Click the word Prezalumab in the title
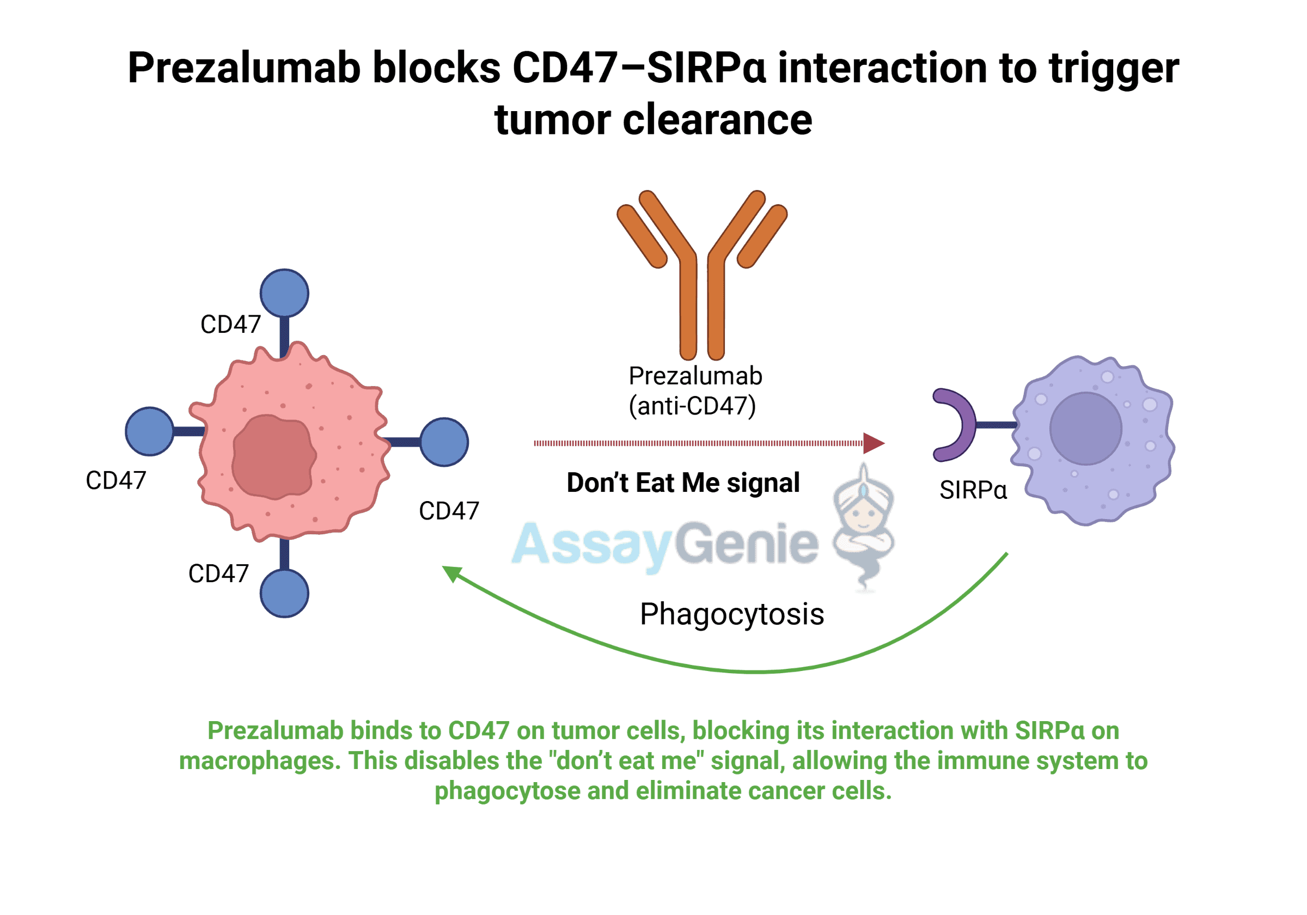(244, 69)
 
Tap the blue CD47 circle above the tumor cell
(284, 293)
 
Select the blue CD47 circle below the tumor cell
(284, 593)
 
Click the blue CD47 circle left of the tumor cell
(150, 431)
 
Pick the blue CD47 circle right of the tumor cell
(444, 442)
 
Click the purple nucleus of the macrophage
(1085, 429)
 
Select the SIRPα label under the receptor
(973, 490)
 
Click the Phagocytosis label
(731, 614)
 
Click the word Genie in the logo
(746, 544)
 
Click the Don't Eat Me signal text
(683, 483)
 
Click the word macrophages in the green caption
(260, 761)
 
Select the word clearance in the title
(717, 120)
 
